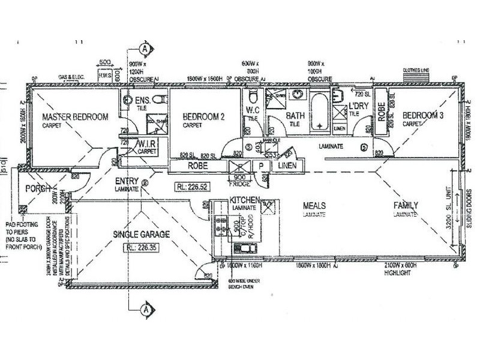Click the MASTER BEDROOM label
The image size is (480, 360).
click(x=75, y=116)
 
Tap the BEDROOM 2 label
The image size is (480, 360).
click(x=203, y=117)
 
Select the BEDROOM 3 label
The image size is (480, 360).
click(x=422, y=115)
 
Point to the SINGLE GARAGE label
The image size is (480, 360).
click(x=142, y=233)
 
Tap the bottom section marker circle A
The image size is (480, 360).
click(x=144, y=310)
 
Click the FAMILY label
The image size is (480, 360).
click(x=406, y=205)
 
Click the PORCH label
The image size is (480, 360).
click(x=35, y=189)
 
